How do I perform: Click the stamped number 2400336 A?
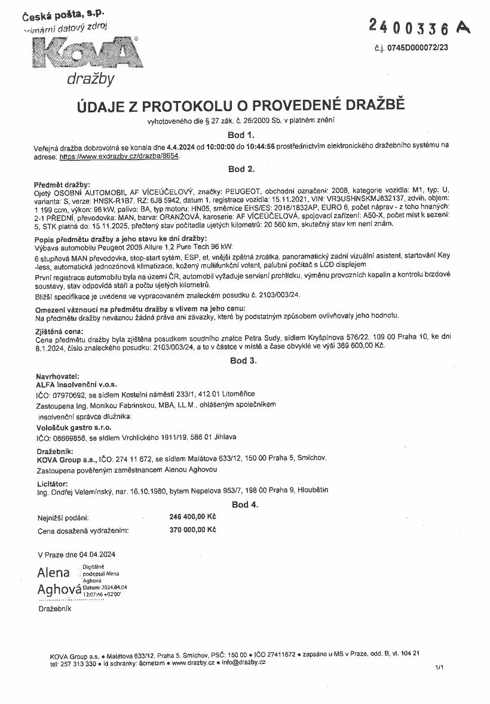click(418, 27)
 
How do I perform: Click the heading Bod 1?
click(241, 135)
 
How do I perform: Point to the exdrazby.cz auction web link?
click(120, 156)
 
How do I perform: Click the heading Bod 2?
click(241, 169)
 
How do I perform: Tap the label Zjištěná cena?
click(59, 330)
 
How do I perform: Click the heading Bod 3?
click(241, 360)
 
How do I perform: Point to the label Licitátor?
click(53, 483)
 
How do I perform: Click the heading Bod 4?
click(245, 504)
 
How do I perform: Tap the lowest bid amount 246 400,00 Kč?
click(192, 517)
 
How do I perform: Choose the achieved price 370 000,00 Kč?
click(192, 529)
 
